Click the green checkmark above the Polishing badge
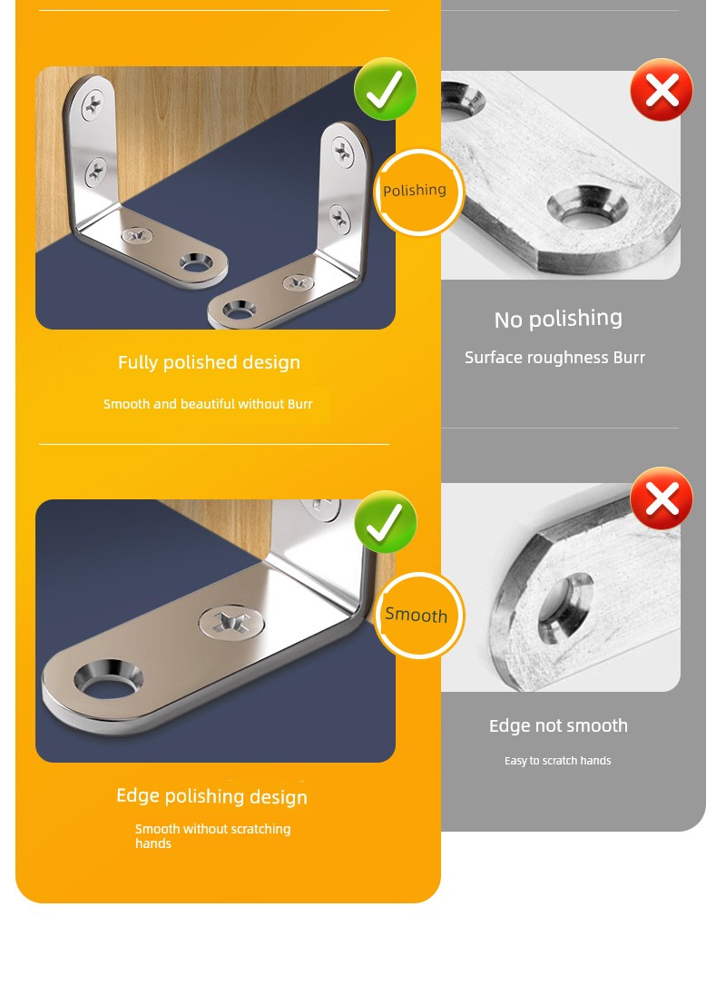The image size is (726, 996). [x=385, y=89]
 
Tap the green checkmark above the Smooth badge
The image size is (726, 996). [x=385, y=522]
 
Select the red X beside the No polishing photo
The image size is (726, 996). [x=662, y=90]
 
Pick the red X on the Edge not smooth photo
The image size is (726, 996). [x=662, y=498]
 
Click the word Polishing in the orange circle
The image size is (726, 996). [x=415, y=191]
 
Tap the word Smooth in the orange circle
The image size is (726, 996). [x=416, y=615]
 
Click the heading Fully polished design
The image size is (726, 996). [x=209, y=362]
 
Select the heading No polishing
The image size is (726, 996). [x=558, y=319]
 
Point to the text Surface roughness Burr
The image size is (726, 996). [x=554, y=358]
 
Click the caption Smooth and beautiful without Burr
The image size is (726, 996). [x=208, y=404]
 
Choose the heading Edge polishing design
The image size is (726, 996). [x=211, y=796]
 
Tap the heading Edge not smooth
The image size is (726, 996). [x=558, y=725]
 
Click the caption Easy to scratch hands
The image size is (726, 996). [x=558, y=760]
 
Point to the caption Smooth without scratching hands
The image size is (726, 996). [x=212, y=836]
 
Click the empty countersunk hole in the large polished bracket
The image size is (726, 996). [x=108, y=679]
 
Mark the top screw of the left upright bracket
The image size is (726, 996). [x=93, y=104]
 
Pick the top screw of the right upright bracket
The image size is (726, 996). [x=344, y=153]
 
